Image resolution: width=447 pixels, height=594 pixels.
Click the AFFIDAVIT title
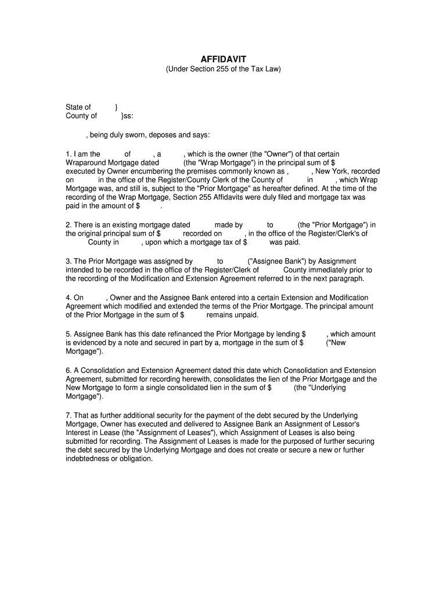pyautogui.click(x=223, y=59)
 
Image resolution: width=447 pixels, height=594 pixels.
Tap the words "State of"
pyautogui.click(x=78, y=107)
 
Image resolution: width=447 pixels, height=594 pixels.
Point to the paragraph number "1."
pyautogui.click(x=69, y=154)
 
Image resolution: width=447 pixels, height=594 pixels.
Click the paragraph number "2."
pyautogui.click(x=69, y=224)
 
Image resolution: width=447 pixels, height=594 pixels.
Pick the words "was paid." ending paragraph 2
pyautogui.click(x=285, y=242)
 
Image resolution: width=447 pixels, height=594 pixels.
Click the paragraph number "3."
pyautogui.click(x=69, y=261)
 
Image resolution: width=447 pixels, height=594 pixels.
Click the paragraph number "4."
pyautogui.click(x=69, y=298)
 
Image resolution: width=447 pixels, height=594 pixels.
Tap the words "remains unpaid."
pyautogui.click(x=232, y=315)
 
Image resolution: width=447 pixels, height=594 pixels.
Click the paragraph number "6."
pyautogui.click(x=69, y=370)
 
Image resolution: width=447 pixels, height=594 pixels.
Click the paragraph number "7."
pyautogui.click(x=69, y=415)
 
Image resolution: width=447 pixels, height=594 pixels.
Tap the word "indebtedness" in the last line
pyautogui.click(x=87, y=458)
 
